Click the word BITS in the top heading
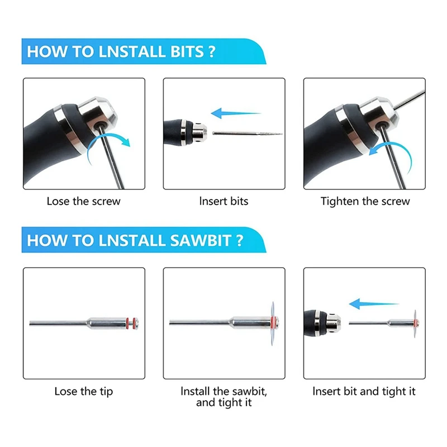(187, 51)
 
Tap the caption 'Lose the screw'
(83, 201)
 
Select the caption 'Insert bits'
(224, 201)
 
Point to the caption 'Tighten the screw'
(365, 202)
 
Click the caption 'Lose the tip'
(83, 392)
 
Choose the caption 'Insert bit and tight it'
(364, 392)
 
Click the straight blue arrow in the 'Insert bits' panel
(236, 113)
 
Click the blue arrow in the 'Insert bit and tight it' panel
(374, 304)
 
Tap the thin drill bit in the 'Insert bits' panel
(248, 134)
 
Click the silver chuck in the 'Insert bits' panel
(199, 131)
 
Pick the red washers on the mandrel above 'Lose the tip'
(131, 324)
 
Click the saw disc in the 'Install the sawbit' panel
(273, 324)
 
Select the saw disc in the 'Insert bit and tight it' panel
(415, 324)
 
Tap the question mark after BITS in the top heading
(212, 51)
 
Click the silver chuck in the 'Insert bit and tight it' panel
(333, 324)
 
